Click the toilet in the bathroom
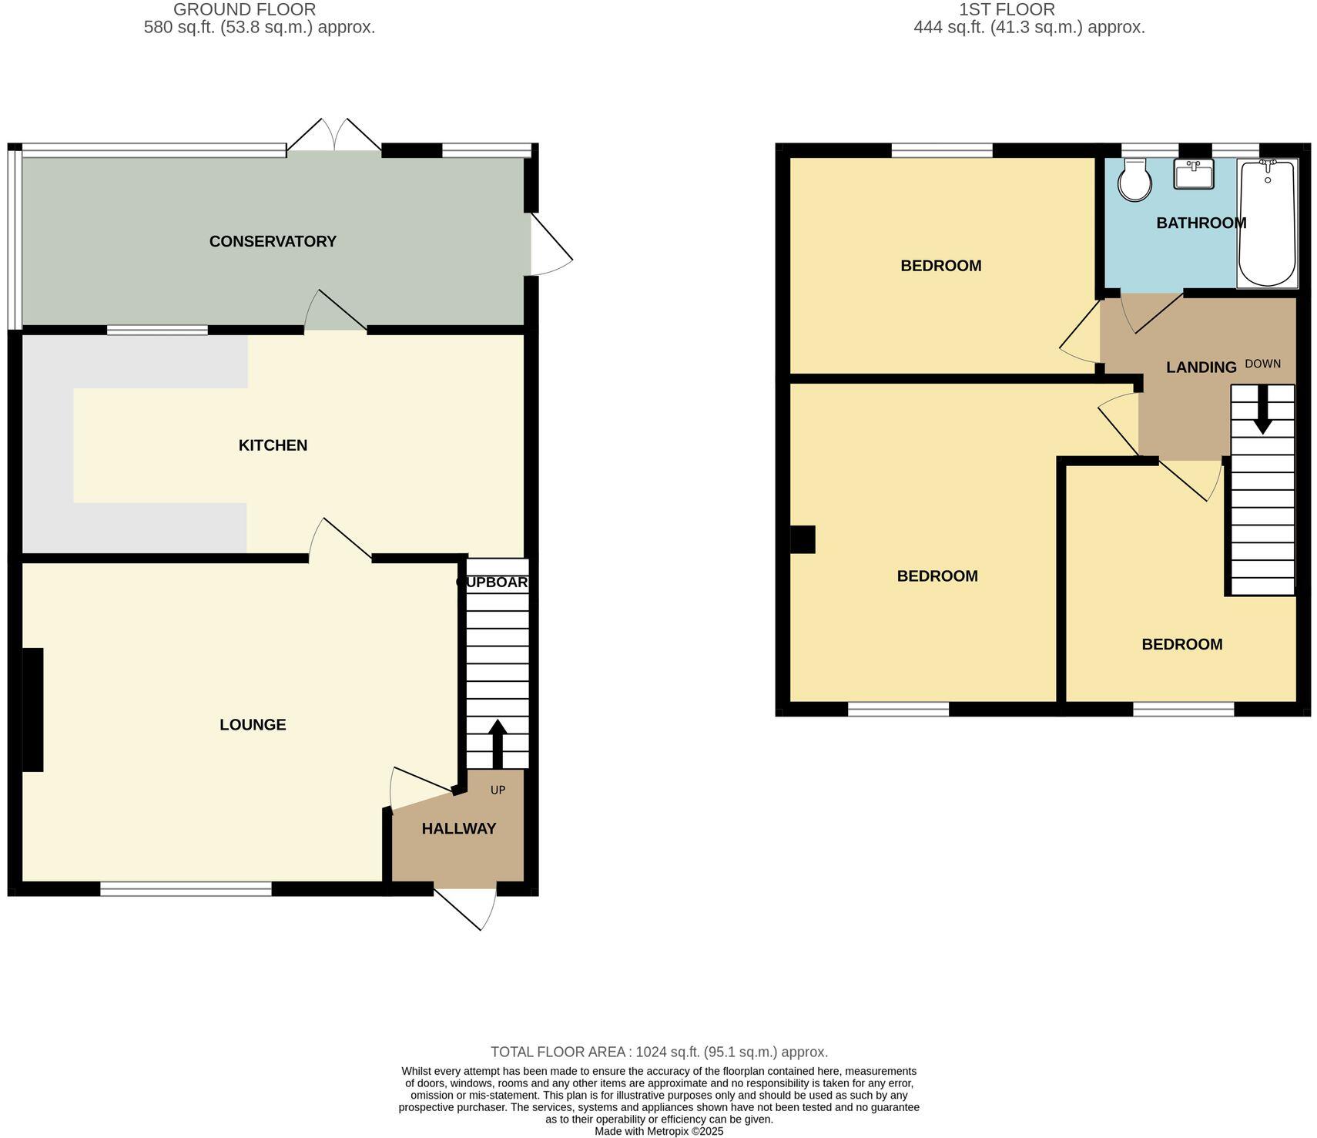(1134, 180)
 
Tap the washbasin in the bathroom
(1193, 174)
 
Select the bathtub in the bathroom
(1267, 223)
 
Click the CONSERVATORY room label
(273, 241)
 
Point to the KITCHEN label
(273, 445)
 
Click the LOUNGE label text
(253, 724)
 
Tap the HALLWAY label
(458, 828)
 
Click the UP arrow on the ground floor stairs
(498, 743)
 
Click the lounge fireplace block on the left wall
(32, 710)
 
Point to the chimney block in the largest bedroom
(803, 539)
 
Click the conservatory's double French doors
(334, 136)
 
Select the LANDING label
(1201, 368)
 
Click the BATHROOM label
(1201, 223)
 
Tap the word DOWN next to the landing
(1262, 364)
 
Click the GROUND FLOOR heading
(244, 10)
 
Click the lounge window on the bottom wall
(186, 889)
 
